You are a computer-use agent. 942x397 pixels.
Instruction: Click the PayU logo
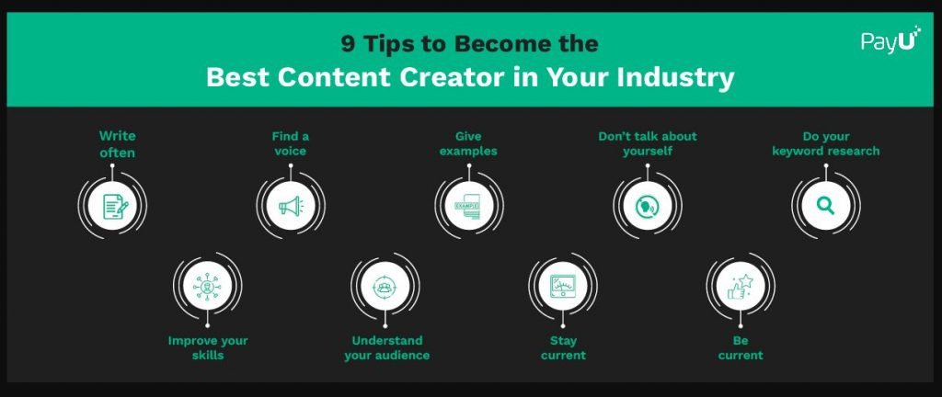[x=890, y=40]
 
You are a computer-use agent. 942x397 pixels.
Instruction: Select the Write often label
[x=117, y=144]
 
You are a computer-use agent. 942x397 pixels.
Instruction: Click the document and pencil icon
[x=115, y=206]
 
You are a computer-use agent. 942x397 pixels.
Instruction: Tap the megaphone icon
[x=291, y=206]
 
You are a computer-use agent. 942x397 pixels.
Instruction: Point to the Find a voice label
[x=290, y=143]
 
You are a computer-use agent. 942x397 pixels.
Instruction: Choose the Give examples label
[x=468, y=143]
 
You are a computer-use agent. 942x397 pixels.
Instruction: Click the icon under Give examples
[x=468, y=206]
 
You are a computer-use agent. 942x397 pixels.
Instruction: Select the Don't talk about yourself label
[x=647, y=143]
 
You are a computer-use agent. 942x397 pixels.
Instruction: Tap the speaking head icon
[x=647, y=206]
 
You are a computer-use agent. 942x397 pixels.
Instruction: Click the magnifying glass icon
[x=825, y=206]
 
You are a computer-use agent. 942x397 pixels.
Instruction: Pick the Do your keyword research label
[x=825, y=143]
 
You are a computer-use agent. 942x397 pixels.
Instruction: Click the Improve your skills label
[x=207, y=347]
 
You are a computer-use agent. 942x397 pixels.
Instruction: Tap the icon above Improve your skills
[x=207, y=286]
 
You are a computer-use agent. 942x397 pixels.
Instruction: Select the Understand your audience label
[x=386, y=347]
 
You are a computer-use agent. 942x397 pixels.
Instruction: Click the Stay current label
[x=563, y=347]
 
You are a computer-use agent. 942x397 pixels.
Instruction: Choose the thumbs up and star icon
[x=741, y=286]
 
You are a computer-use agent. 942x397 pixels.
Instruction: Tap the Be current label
[x=741, y=347]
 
